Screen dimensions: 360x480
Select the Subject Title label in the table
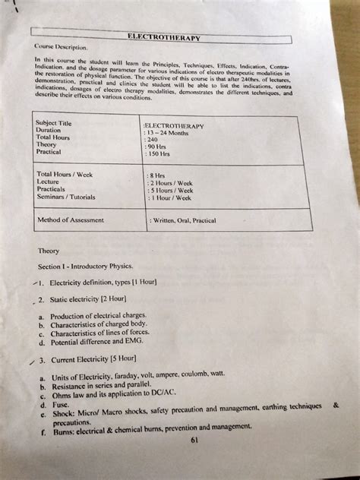(x=54, y=122)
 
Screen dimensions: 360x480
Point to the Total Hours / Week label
(x=65, y=174)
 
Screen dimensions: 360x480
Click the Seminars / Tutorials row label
(x=66, y=197)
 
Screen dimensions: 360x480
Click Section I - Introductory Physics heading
(x=85, y=267)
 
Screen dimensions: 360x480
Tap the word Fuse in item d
(x=58, y=406)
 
